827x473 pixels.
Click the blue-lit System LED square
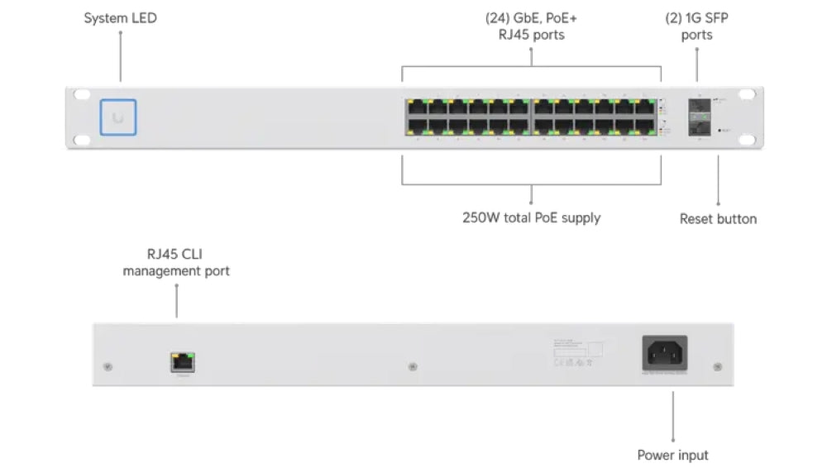click(118, 117)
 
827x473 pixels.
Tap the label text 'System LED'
click(120, 17)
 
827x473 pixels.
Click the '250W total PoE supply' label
click(531, 218)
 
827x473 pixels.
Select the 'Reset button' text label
click(718, 219)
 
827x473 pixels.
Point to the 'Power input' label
click(672, 455)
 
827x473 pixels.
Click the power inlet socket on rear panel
click(665, 355)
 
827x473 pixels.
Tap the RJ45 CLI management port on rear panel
click(183, 361)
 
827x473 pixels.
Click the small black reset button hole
click(721, 131)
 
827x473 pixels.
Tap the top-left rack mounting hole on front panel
click(80, 95)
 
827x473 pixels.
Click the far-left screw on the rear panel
click(107, 365)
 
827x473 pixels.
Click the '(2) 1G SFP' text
click(696, 18)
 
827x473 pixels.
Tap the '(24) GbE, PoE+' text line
click(531, 18)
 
